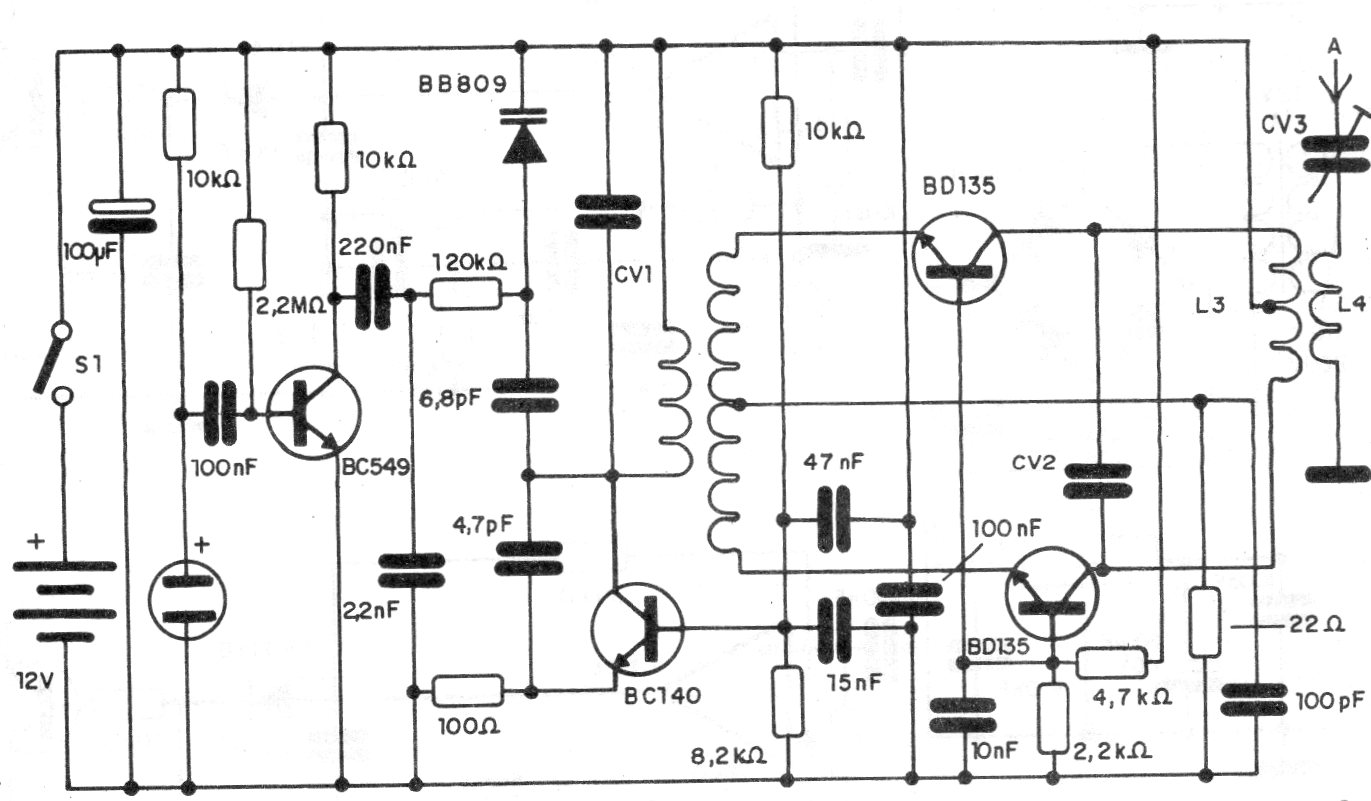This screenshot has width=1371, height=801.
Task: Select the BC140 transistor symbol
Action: pos(637,628)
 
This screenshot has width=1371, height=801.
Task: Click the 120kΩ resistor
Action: pos(465,295)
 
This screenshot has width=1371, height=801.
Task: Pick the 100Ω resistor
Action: pos(467,691)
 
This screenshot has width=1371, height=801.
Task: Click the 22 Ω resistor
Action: pos(1206,623)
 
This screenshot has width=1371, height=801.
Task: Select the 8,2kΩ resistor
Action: pos(788,701)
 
